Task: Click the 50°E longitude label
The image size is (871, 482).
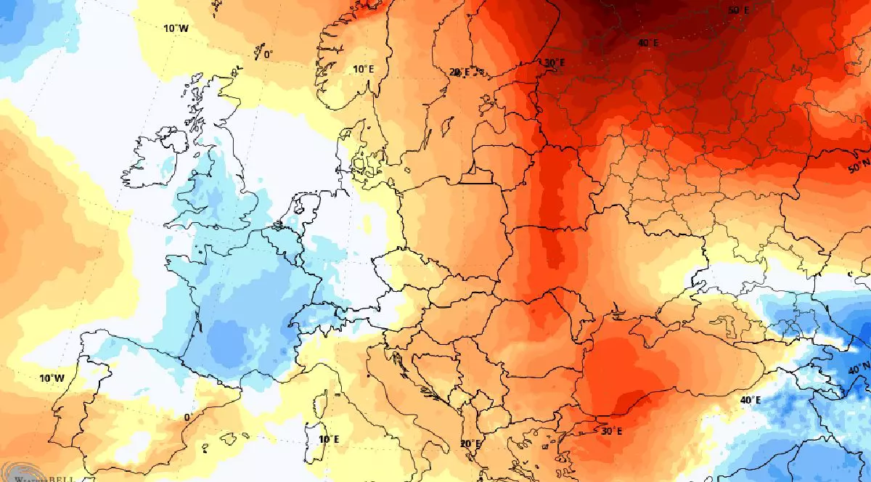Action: (738, 10)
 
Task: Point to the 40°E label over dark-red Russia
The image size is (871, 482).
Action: (648, 43)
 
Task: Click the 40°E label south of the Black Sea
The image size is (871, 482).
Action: (751, 400)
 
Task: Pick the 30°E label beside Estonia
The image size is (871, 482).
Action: (555, 63)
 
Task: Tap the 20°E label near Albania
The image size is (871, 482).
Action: (470, 444)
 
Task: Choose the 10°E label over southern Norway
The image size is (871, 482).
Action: (363, 69)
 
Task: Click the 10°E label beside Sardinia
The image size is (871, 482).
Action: (329, 439)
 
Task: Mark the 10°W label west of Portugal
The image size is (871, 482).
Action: (52, 378)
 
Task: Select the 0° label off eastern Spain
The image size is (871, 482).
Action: (187, 417)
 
